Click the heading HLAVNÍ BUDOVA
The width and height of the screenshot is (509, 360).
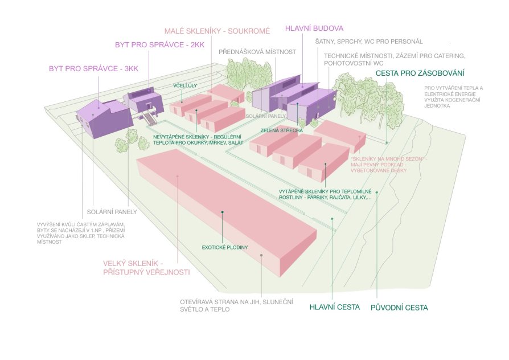tap(314, 28)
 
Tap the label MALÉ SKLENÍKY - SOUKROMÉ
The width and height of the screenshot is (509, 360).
tap(217, 31)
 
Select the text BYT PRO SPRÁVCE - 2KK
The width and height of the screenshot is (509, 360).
tap(160, 45)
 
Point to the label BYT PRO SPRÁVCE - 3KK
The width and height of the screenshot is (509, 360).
tap(93, 68)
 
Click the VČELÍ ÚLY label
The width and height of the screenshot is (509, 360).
tap(185, 86)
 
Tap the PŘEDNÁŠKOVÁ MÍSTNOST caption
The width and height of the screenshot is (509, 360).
tap(257, 52)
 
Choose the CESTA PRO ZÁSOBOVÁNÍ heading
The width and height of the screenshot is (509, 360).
tap(420, 73)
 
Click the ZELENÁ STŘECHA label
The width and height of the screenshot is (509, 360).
tap(281, 130)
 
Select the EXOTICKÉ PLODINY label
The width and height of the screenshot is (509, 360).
tap(225, 247)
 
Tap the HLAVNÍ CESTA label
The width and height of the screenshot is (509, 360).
tap(335, 307)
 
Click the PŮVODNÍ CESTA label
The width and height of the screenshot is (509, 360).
tap(399, 308)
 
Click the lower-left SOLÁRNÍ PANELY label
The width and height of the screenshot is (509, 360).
tap(112, 212)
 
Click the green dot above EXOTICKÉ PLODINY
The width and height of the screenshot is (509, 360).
tap(223, 212)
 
